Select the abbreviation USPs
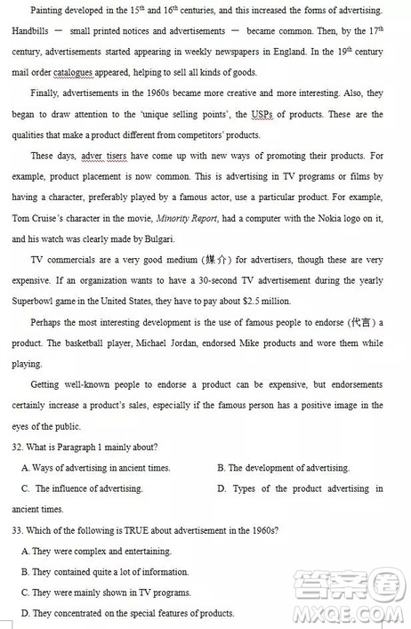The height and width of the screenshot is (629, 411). (262, 115)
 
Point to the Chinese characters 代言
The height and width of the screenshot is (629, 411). (356, 321)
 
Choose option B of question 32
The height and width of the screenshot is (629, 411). (283, 468)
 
